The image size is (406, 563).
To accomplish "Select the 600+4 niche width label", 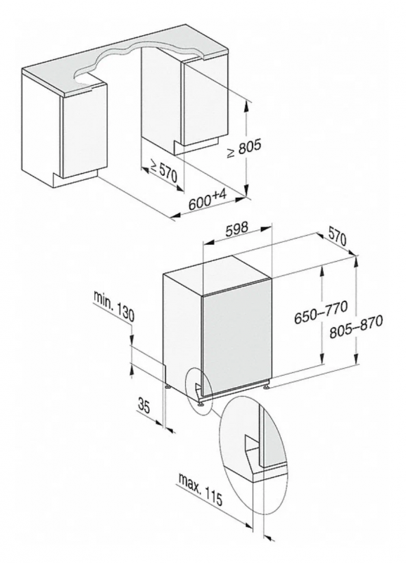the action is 208,201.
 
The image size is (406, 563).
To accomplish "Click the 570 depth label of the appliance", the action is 337,237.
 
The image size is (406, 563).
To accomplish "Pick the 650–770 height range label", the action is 321,313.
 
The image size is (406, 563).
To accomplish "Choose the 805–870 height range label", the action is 356,327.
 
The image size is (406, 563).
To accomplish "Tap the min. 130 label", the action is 114,306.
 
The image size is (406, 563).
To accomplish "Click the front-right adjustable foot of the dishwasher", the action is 266,386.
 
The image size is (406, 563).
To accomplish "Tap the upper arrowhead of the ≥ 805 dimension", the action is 246,106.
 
